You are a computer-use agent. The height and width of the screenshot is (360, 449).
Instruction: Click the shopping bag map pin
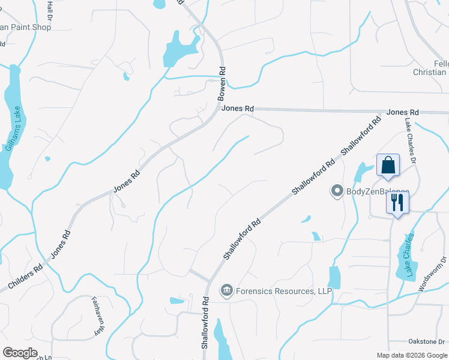388,165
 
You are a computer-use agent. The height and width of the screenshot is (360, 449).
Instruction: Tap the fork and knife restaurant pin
397,202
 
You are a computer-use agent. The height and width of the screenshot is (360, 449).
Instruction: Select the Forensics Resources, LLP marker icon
226,291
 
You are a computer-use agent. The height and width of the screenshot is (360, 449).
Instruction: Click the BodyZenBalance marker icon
337,191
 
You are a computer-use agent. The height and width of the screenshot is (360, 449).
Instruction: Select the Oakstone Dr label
426,341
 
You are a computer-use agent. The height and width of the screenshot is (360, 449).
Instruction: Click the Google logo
20,353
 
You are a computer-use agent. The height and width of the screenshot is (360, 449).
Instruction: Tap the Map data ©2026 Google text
411,355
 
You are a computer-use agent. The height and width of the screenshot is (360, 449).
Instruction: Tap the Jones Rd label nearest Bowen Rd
238,109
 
